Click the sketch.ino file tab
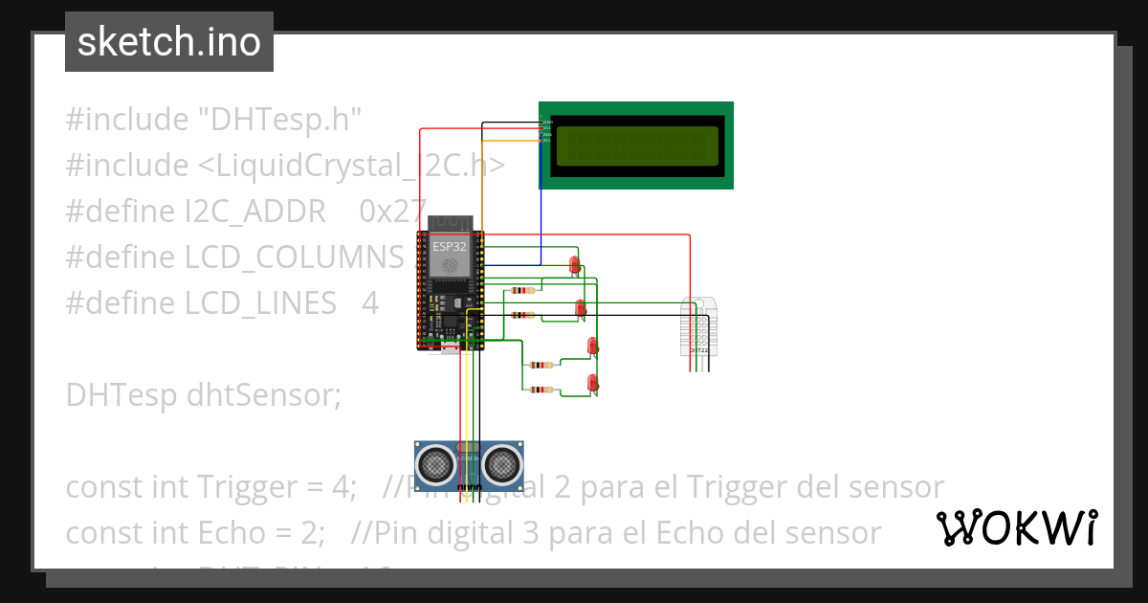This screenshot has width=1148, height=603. [168, 42]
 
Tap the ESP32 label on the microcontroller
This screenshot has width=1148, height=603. [450, 246]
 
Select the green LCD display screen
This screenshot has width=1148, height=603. [636, 145]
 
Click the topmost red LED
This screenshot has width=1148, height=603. [574, 264]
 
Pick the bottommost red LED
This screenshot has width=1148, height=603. [592, 383]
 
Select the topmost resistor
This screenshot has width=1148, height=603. [522, 290]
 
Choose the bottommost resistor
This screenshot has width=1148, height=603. [541, 390]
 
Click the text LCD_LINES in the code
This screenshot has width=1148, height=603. [260, 303]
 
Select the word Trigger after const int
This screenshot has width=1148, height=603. [249, 487]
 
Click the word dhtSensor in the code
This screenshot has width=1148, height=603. [282, 394]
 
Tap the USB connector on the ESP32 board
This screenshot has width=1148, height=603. [450, 347]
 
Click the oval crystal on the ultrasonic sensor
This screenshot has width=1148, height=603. [469, 446]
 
